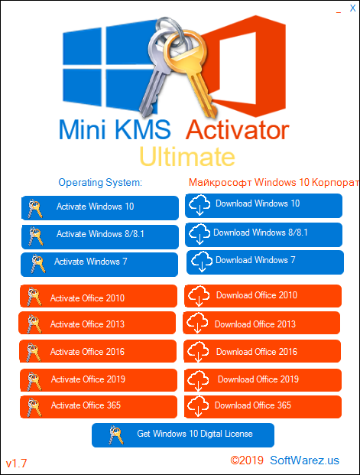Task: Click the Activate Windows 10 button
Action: (99, 207)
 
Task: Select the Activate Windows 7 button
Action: (99, 262)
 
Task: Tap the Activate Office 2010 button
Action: (99, 298)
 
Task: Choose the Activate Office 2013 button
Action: (99, 324)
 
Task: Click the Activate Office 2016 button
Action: (99, 352)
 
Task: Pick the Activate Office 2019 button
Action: (99, 379)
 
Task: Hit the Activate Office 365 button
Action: (99, 405)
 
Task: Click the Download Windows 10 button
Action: (263, 205)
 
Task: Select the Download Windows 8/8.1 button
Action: (263, 233)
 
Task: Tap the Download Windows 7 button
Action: (263, 261)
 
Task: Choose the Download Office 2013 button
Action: (263, 324)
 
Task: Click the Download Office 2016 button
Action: (263, 352)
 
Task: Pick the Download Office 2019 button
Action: (263, 379)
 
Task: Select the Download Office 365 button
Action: (263, 405)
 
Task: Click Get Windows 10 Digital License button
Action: (183, 434)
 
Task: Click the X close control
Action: (352, 8)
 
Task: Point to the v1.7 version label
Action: (16, 464)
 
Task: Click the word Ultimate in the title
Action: (186, 157)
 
